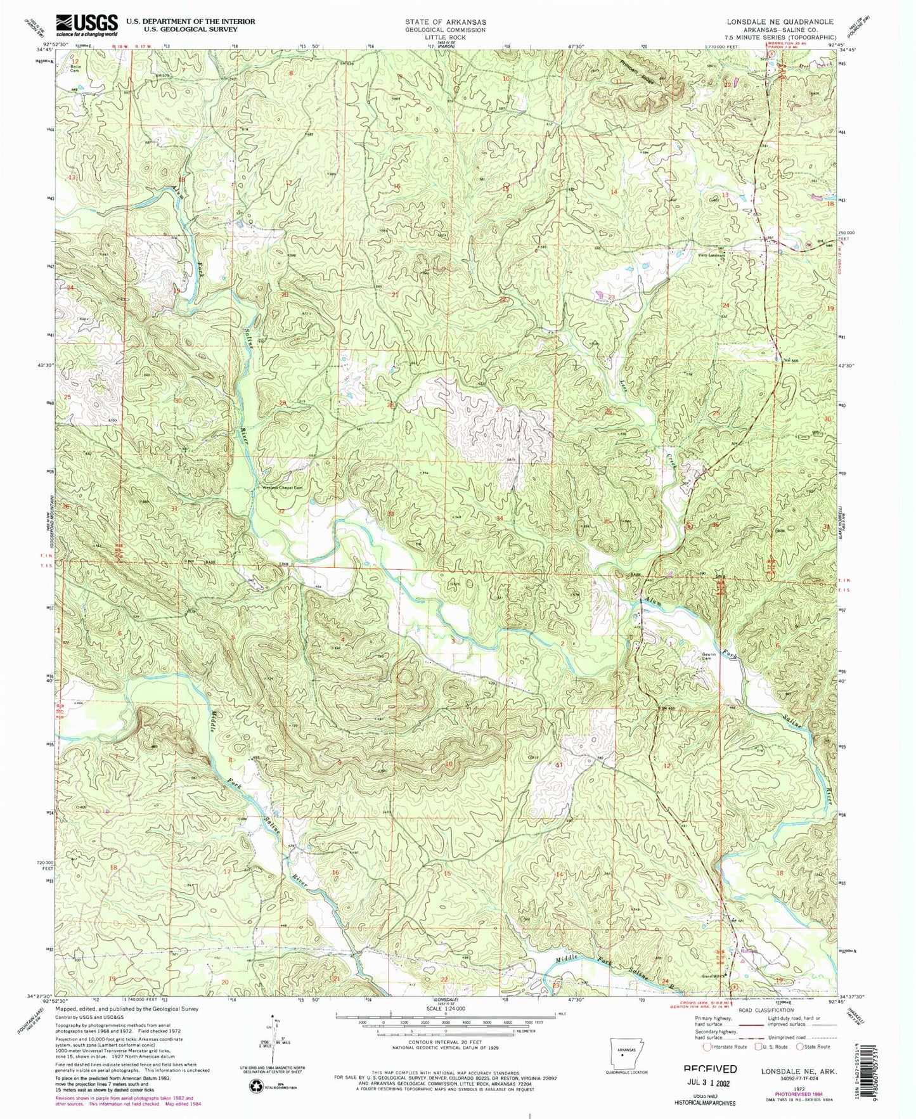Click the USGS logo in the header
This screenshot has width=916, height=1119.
tap(86, 25)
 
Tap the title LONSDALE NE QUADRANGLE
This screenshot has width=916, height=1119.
tap(780, 22)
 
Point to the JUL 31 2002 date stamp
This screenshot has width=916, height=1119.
tap(709, 1083)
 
